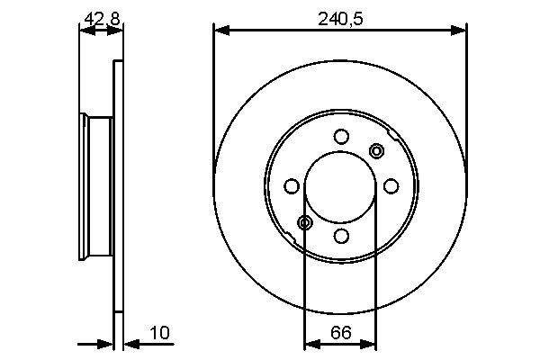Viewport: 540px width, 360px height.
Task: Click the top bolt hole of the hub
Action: [x=340, y=137]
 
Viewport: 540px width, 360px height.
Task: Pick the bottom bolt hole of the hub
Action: [x=340, y=236]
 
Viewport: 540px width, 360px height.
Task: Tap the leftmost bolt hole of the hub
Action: [x=291, y=186]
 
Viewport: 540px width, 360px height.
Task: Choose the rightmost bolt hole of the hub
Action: [x=390, y=186]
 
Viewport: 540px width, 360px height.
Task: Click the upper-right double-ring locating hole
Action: [x=376, y=150]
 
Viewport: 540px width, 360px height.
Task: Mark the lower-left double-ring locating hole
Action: [x=304, y=222]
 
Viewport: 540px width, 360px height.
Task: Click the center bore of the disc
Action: [x=340, y=186]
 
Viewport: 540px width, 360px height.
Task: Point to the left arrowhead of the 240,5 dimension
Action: [x=219, y=31]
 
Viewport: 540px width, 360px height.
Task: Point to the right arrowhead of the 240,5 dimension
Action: [x=461, y=31]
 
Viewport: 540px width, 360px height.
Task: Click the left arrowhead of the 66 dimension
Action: [x=310, y=342]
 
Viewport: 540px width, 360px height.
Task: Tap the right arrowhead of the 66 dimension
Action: [x=370, y=342]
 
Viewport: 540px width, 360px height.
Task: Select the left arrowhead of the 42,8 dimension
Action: [x=85, y=31]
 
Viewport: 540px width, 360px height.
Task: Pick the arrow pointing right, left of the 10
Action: [x=107, y=342]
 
